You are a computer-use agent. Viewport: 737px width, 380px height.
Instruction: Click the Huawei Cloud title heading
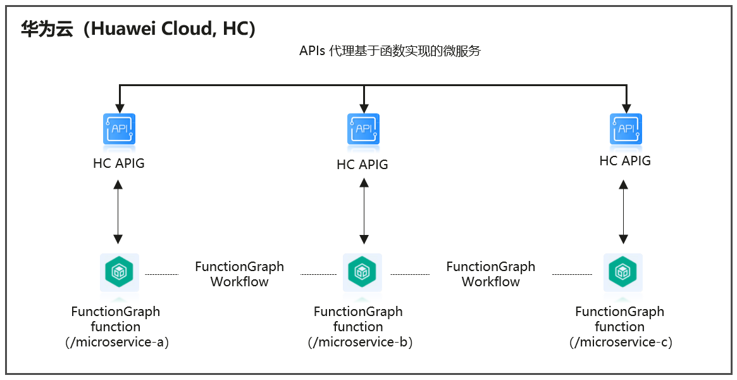tap(138, 28)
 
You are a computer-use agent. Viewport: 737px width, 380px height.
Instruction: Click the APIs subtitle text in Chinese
tap(390, 51)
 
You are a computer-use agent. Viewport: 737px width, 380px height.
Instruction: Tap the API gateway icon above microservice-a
tap(120, 129)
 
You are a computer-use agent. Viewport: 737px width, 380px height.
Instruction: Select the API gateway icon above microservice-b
tap(363, 129)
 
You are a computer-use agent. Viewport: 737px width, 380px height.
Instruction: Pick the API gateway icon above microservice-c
tap(626, 129)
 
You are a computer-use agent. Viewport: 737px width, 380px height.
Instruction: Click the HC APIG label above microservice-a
tap(119, 163)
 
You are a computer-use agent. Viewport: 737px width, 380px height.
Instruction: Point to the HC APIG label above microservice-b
tap(362, 165)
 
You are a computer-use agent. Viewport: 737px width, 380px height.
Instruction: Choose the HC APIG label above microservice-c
tap(625, 161)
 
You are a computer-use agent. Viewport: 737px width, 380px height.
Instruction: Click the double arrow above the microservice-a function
tap(118, 212)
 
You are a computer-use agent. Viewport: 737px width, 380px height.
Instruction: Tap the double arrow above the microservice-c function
tap(624, 212)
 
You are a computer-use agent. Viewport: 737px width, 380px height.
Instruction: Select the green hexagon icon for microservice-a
tap(120, 272)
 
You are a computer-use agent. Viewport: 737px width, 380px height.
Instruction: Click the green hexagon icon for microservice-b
tap(362, 272)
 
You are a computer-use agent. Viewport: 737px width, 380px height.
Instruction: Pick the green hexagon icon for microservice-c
tap(622, 272)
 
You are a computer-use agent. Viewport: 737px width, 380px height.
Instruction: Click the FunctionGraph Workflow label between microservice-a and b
tap(239, 274)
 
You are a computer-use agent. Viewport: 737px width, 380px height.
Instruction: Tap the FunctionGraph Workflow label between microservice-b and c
tap(491, 274)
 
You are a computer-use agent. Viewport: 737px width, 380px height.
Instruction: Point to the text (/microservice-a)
tap(117, 342)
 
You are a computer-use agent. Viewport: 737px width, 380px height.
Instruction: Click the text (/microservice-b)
tap(360, 342)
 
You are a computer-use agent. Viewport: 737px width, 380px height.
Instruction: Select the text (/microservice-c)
tap(621, 342)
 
